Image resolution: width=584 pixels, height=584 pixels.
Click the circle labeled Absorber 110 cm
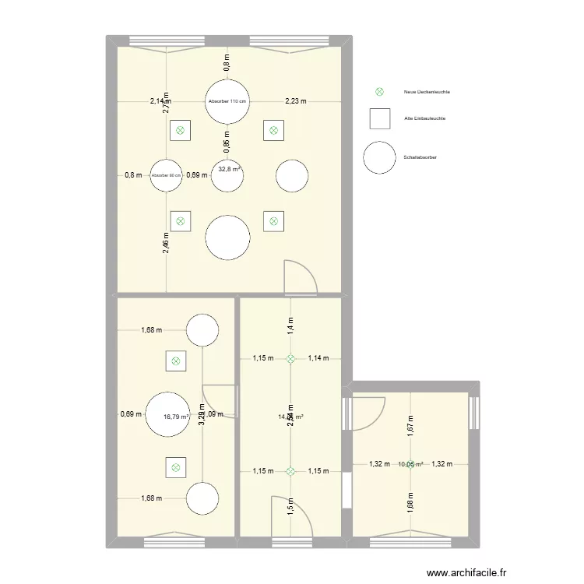pos(227,101)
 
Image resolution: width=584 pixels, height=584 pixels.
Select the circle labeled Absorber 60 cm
pos(166,175)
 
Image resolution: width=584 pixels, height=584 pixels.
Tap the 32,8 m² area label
pos(228,169)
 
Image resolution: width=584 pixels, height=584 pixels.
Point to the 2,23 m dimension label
pos(296,101)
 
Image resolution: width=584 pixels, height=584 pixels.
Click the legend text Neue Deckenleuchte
pos(427,92)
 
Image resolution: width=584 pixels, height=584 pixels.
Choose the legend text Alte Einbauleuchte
pos(424,118)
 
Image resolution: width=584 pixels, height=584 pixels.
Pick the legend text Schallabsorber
pos(420,157)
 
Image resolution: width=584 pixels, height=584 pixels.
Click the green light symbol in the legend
pos(381,92)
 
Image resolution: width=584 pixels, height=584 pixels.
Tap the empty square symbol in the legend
pos(381,118)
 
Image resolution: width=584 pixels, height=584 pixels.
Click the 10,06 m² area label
pos(410,465)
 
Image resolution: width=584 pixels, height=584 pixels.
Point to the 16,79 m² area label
pos(177,417)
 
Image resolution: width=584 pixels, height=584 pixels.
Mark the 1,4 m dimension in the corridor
pos(290,325)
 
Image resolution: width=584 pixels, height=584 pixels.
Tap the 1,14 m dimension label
pos(318,358)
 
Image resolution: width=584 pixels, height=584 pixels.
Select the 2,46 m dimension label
pos(166,245)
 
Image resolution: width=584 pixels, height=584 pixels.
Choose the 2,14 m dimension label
pos(160,101)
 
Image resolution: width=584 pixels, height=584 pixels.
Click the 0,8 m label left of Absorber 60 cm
pos(133,175)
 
